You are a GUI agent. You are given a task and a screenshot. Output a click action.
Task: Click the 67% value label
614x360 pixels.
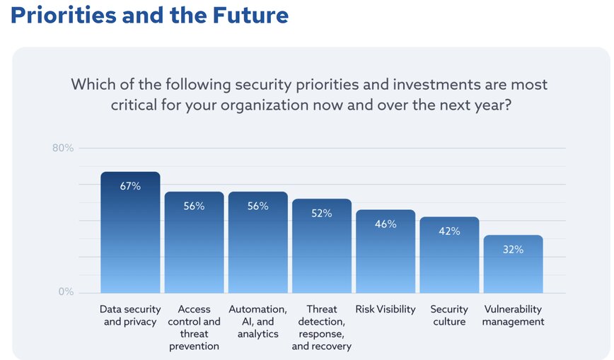tap(130, 186)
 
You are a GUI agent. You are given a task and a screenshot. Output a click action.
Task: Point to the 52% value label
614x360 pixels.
tap(322, 213)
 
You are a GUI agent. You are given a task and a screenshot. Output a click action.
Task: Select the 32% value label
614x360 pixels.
tap(513, 249)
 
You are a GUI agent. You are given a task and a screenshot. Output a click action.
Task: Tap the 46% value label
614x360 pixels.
tap(386, 223)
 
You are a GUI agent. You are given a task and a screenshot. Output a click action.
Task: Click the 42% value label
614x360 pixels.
tap(449, 231)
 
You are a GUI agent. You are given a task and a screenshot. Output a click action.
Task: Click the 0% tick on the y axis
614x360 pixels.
tap(65, 291)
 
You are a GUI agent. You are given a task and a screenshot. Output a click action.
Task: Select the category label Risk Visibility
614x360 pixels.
tap(386, 310)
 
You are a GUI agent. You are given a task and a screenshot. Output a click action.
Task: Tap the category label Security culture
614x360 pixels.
tap(449, 315)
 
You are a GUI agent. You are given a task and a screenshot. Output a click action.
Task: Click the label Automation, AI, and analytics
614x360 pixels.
tap(257, 322)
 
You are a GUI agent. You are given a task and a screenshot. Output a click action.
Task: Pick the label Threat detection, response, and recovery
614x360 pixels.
tap(322, 327)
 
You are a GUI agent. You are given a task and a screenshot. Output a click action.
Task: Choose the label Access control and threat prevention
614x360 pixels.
tap(194, 327)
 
